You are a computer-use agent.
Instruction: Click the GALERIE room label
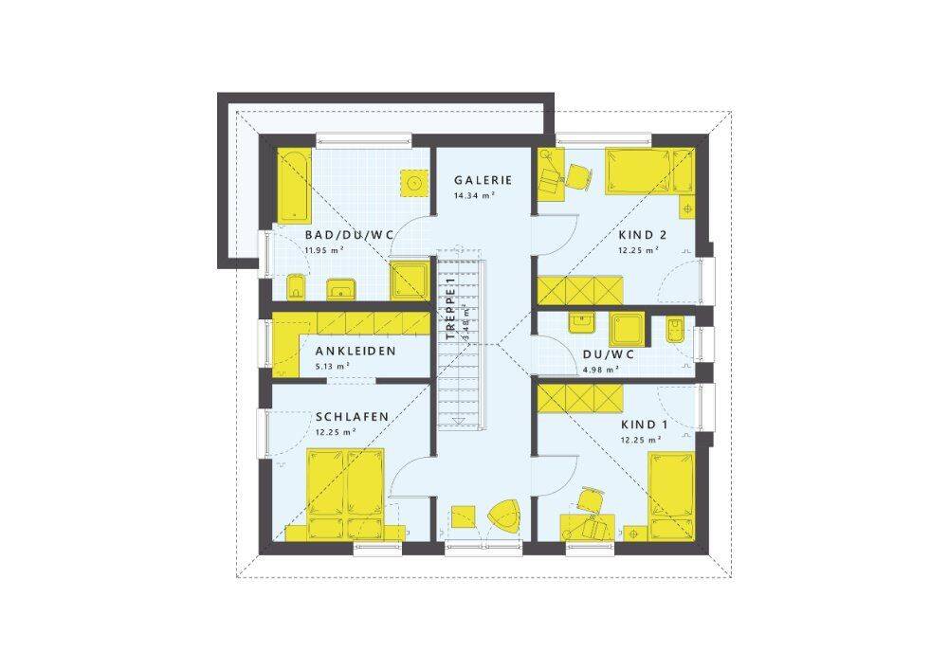click(483, 180)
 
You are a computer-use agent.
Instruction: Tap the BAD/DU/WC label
click(350, 234)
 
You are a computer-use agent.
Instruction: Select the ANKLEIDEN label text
click(355, 351)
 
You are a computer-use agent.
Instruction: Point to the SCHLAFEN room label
click(352, 417)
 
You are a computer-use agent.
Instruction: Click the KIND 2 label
click(642, 234)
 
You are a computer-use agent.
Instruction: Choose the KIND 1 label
click(645, 425)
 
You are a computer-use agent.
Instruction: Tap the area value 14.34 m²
click(475, 195)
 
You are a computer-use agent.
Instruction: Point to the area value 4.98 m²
click(600, 370)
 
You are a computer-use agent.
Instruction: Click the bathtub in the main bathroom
click(295, 186)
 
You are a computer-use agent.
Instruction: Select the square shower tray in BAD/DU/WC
click(410, 281)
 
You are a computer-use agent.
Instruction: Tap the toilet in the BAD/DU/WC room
click(296, 287)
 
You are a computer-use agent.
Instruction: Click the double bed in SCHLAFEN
click(346, 494)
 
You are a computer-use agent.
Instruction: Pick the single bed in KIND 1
click(672, 495)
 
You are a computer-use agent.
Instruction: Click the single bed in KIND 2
click(650, 172)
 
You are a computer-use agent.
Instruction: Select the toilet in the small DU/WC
click(676, 330)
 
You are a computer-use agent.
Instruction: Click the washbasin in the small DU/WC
click(582, 323)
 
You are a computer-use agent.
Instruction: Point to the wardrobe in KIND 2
click(580, 290)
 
